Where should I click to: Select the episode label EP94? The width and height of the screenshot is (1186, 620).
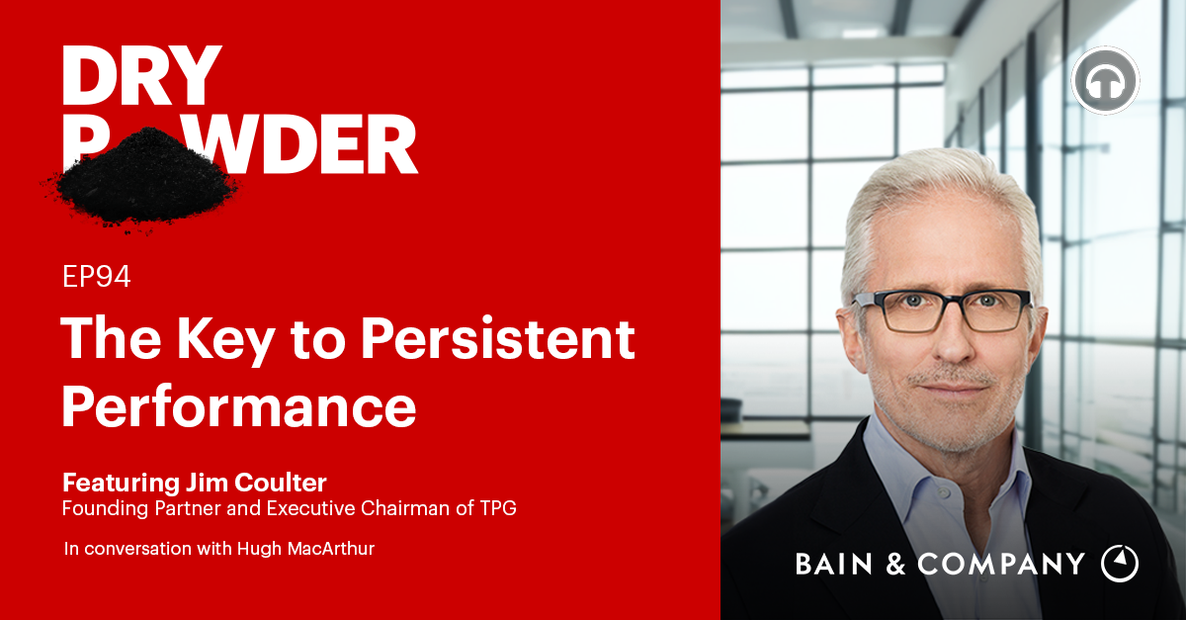(96, 278)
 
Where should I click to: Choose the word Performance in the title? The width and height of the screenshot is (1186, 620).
(238, 405)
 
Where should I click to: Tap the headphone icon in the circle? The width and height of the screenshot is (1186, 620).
(1105, 81)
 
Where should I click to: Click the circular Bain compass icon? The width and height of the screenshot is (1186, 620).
(1120, 564)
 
